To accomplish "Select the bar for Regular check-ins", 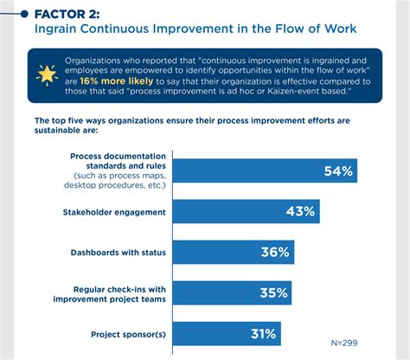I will click(229, 293).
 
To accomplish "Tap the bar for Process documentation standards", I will click(268, 171).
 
